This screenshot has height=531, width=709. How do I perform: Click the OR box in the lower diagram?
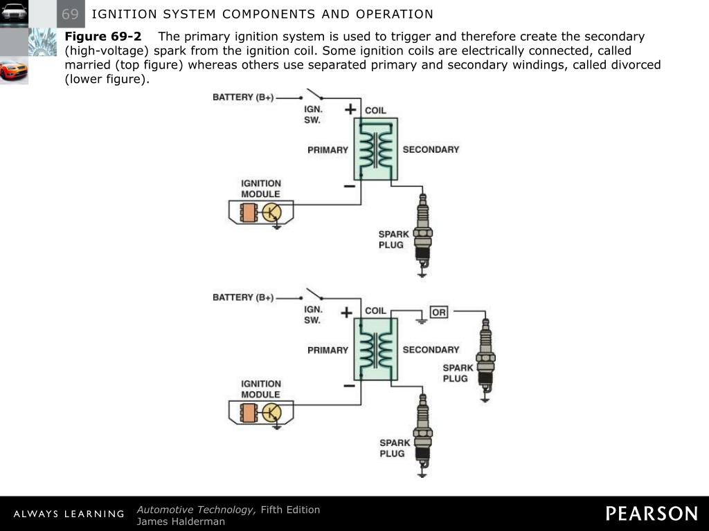(x=439, y=313)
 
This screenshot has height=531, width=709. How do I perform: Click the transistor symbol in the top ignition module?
(x=271, y=212)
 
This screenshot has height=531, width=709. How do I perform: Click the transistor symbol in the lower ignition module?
(x=271, y=413)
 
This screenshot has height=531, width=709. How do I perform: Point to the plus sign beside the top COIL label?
(x=350, y=109)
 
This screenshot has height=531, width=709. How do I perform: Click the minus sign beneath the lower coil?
(x=349, y=386)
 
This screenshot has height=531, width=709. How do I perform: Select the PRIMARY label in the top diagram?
(x=327, y=150)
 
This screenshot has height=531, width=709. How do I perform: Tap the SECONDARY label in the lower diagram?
(x=431, y=350)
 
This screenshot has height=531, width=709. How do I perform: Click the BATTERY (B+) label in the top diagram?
(x=243, y=97)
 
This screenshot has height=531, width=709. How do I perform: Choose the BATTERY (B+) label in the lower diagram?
(x=243, y=298)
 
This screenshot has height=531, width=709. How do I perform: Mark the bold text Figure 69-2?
(x=102, y=37)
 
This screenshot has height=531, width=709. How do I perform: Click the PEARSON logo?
(x=652, y=514)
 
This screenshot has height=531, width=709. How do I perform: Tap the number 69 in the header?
(x=70, y=14)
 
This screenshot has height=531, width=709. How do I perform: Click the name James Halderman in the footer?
(x=181, y=522)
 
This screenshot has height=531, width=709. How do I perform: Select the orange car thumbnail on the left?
(x=14, y=71)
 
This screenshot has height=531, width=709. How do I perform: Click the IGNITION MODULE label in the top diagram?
(x=260, y=189)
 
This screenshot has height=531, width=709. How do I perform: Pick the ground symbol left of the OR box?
(x=419, y=320)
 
